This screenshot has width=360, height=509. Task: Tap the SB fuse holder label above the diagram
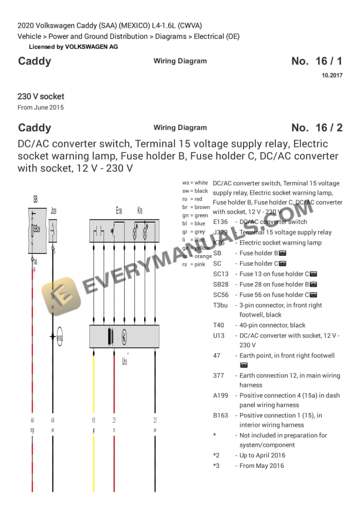36,200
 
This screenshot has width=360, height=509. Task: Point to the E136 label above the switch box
119,210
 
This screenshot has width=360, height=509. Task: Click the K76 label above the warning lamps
139,210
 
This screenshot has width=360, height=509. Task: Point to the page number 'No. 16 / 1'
316,61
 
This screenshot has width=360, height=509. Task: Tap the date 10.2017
332,75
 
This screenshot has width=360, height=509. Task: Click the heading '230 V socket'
41,96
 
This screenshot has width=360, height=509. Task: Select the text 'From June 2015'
41,108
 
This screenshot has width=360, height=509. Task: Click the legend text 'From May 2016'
261,466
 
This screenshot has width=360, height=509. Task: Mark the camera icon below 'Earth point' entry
244,365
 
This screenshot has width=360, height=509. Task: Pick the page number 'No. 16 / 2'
316,128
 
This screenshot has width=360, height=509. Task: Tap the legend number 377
218,376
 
